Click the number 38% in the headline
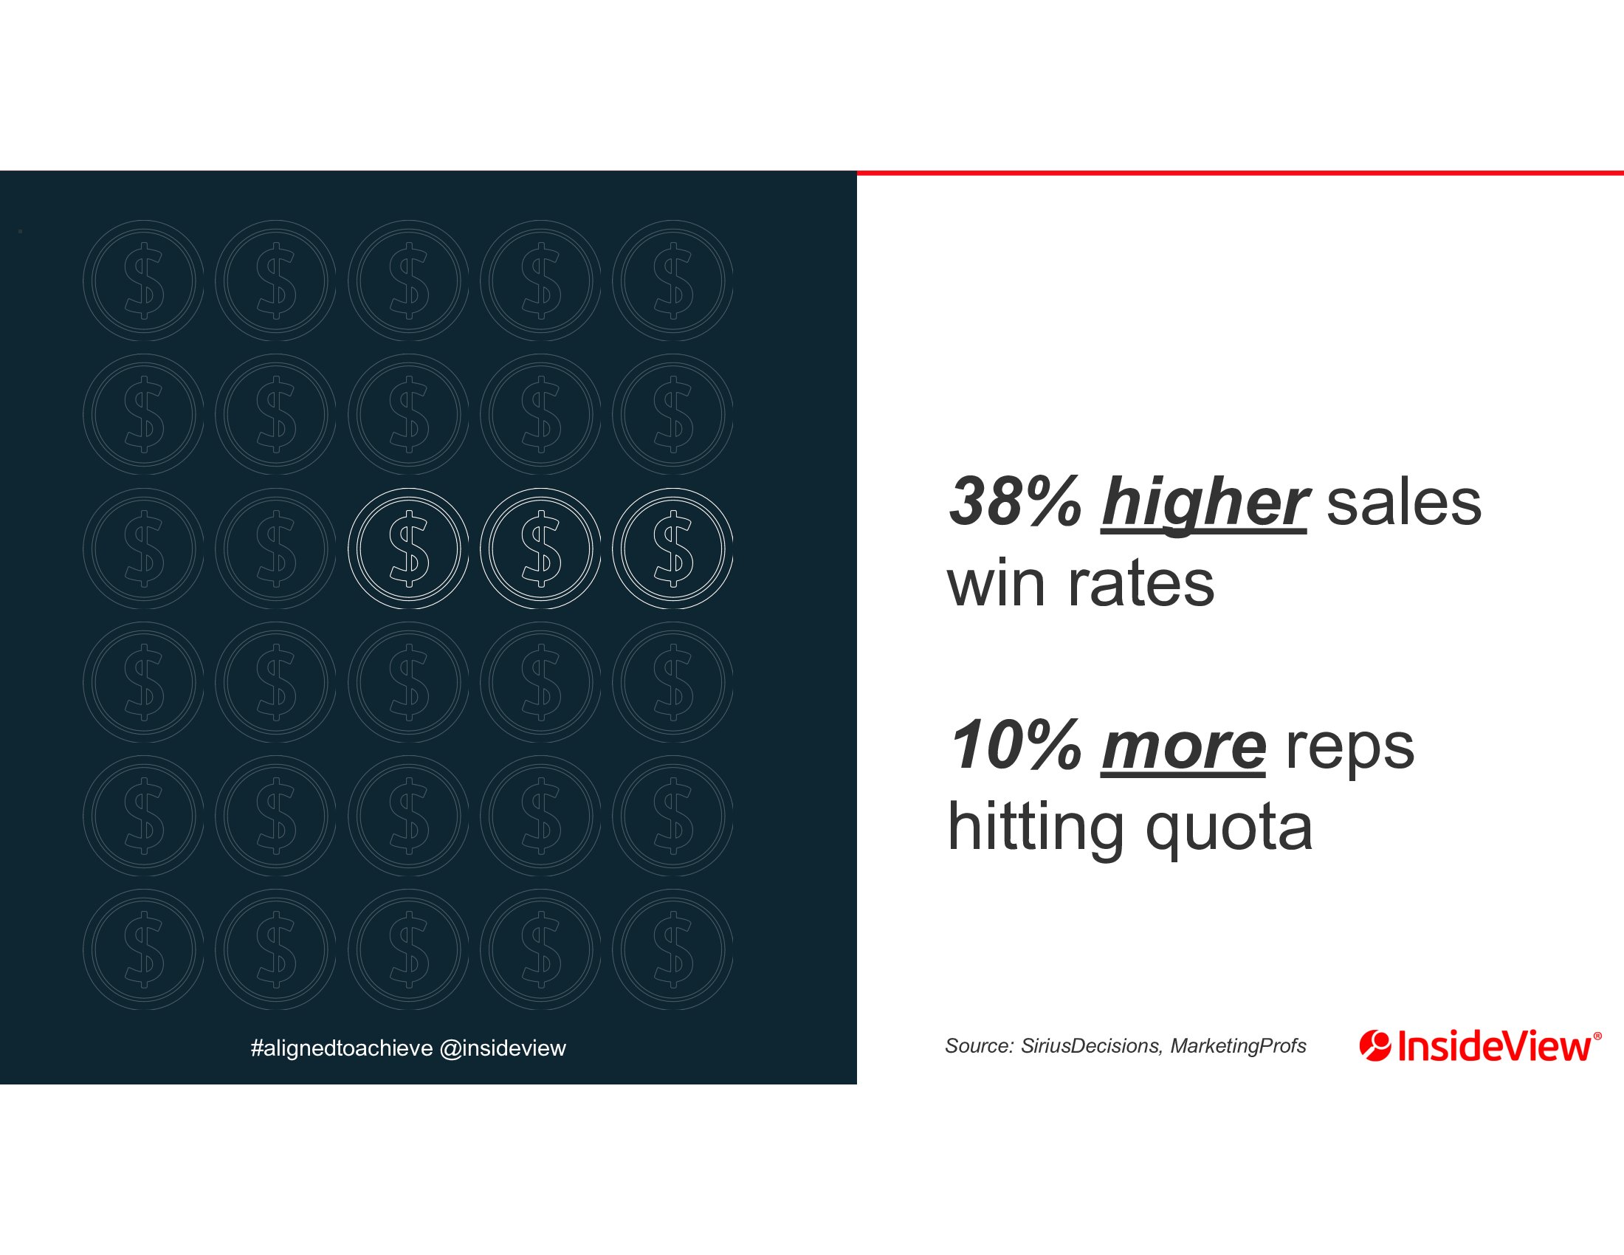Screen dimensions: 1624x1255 (1016, 502)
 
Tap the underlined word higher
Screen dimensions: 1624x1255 (1203, 504)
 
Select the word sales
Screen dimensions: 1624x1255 (1404, 503)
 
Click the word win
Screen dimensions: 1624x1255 (997, 584)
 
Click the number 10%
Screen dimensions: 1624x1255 (1016, 746)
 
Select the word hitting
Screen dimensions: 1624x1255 (1035, 831)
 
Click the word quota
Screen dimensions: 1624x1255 (1229, 832)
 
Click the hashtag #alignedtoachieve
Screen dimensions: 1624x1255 (342, 1048)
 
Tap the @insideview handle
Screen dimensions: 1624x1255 (503, 1048)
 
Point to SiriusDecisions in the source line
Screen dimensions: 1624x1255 (1090, 1046)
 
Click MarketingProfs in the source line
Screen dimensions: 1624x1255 (1238, 1047)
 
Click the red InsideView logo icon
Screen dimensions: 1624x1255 (1375, 1046)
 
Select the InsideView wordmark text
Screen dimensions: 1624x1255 (1497, 1046)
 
